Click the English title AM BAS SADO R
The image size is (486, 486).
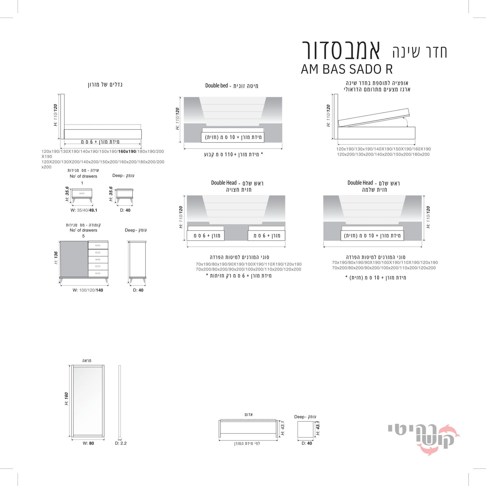(347, 69)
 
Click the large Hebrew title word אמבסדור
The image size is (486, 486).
(341, 50)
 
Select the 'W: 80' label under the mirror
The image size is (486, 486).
(88, 443)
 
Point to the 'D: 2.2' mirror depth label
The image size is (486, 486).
(121, 443)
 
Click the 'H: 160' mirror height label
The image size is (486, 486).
(66, 399)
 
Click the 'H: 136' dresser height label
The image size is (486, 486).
(56, 258)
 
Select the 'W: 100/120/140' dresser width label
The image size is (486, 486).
(88, 290)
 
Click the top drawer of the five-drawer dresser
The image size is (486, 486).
(98, 245)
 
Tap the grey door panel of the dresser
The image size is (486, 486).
(74, 259)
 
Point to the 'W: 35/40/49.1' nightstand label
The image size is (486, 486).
(84, 210)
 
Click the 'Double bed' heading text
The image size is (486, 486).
(217, 86)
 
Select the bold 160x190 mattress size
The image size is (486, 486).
(127, 151)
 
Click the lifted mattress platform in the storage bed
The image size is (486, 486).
(374, 117)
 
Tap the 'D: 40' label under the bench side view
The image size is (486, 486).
(307, 443)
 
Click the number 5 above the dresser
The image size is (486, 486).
(84, 236)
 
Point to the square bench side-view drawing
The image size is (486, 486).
(305, 430)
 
